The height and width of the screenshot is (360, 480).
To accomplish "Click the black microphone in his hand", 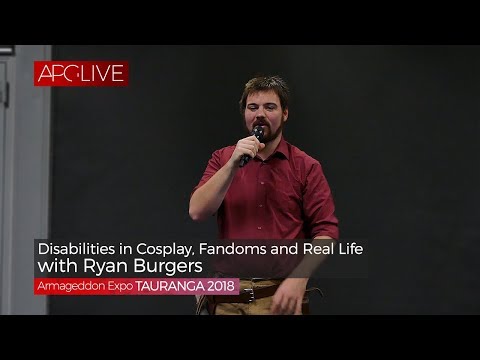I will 252,143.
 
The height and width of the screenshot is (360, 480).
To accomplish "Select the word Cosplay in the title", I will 164,246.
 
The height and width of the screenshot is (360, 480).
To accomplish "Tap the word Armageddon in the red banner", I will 71,287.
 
